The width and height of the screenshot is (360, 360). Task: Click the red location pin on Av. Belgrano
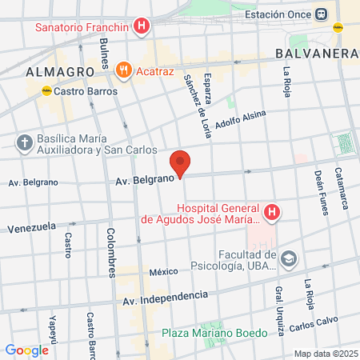click(181, 162)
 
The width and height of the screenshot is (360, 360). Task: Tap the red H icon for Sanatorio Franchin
click(142, 26)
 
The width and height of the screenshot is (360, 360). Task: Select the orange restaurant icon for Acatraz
click(122, 70)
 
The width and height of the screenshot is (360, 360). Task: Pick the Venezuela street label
click(31, 228)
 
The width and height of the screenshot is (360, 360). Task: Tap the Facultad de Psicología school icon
click(288, 258)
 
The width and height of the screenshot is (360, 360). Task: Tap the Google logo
click(26, 350)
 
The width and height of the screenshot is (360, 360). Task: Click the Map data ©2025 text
click(324, 354)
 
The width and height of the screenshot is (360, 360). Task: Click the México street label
click(163, 273)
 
